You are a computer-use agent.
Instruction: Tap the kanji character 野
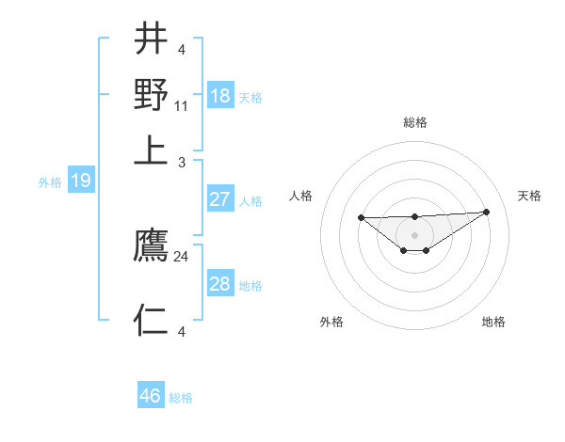152,94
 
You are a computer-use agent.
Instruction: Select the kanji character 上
152,150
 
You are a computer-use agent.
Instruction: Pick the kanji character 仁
152,320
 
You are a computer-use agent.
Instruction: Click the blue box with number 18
220,96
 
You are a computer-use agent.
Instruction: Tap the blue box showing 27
220,199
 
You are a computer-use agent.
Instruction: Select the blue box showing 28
220,284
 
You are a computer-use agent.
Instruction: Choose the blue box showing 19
81,181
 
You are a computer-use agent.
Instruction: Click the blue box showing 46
151,396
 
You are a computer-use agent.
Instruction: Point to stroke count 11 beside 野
182,106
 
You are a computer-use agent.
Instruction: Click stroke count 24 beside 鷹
182,256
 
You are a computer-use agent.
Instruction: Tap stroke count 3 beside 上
182,163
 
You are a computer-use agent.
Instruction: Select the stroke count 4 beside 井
182,50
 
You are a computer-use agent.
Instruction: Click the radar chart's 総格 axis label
415,122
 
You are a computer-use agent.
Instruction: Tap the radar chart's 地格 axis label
493,322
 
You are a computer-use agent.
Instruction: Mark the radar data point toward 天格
486,212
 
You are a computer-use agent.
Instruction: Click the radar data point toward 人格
362,217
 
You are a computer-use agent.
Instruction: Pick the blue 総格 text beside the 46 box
181,398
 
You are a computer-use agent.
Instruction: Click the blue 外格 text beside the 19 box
50,182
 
